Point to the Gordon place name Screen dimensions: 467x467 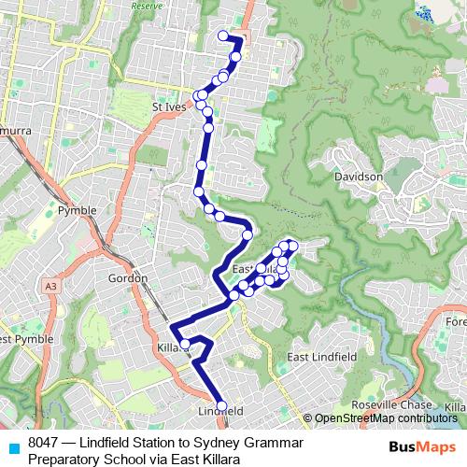(128, 278)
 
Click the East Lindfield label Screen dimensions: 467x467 (321, 358)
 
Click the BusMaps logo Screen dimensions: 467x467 (422, 447)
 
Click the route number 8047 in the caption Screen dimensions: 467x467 (44, 442)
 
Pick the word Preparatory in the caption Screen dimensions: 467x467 (64, 459)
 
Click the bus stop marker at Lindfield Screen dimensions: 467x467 (221, 406)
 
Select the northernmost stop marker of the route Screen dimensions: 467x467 (223, 36)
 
